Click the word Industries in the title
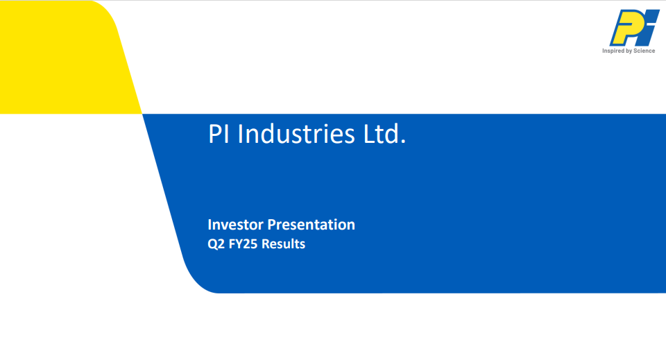pos(296,134)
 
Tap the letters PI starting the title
pos(219,134)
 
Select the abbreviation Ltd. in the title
pos(384,134)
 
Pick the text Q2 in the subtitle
pos(216,244)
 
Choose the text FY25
pos(243,244)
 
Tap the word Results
pos(283,244)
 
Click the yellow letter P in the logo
pos(624,28)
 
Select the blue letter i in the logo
pos(649,28)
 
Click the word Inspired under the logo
pos(613,51)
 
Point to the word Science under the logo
pos(644,51)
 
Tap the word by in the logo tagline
pos(629,51)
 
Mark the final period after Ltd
pos(403,142)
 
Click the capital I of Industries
pos(239,134)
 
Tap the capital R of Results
pos(266,244)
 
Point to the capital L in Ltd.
pos(369,134)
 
